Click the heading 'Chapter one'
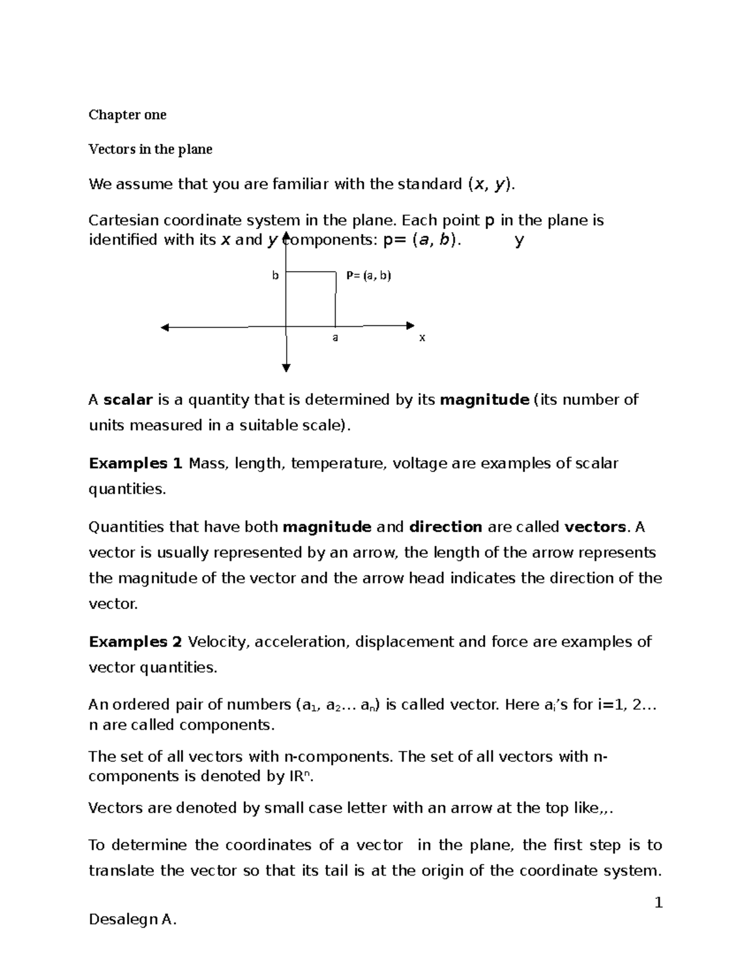[127, 115]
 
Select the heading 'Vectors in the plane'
[150, 149]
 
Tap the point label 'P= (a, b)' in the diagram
[369, 275]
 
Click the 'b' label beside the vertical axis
[275, 275]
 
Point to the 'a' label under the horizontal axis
[335, 337]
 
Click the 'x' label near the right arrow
[422, 337]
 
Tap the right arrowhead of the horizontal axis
[411, 325]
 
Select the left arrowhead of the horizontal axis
[165, 327]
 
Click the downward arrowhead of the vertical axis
[286, 368]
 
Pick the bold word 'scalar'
[128, 399]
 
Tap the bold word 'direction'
[445, 527]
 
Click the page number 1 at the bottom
[658, 903]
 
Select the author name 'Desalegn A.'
[133, 919]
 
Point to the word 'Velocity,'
[218, 642]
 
